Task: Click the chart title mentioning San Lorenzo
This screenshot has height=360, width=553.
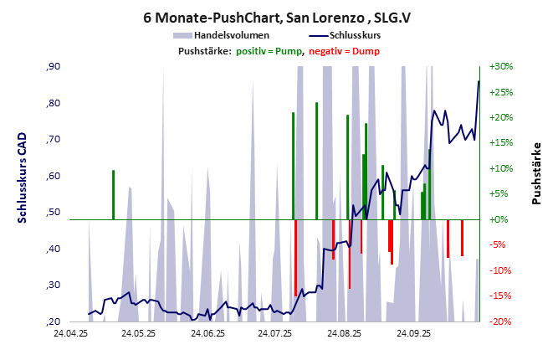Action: [x=276, y=17]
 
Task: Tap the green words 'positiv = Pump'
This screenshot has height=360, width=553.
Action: [x=269, y=51]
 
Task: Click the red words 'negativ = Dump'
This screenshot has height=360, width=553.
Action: [x=344, y=51]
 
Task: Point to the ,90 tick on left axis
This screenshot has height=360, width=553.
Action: [x=54, y=67]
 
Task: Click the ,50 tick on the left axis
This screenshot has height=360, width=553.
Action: [x=54, y=213]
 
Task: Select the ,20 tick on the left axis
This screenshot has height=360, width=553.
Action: [x=54, y=321]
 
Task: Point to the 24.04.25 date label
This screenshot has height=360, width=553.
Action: [x=70, y=333]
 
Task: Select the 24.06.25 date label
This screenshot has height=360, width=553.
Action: [x=207, y=333]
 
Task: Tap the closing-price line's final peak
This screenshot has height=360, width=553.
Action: [x=479, y=81]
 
